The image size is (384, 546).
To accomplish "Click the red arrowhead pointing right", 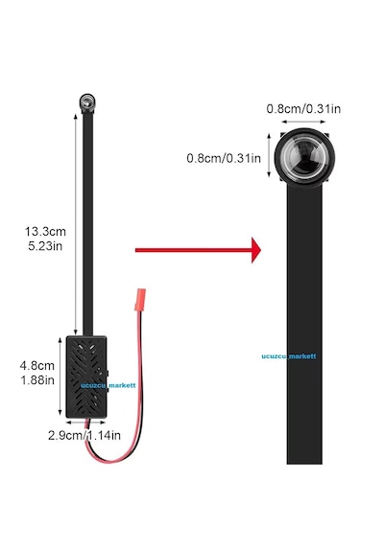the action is (x=256, y=250).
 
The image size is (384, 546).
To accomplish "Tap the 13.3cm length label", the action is (x=45, y=231).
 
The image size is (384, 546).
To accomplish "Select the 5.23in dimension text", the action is (x=45, y=246).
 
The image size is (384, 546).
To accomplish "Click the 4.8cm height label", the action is (x=37, y=366).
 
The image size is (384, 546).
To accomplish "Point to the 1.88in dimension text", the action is (x=37, y=380).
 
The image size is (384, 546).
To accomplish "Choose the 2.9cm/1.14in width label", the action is (x=84, y=435).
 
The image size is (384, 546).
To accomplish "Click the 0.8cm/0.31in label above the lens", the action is (x=303, y=109).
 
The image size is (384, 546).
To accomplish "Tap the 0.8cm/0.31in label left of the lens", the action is (x=224, y=158).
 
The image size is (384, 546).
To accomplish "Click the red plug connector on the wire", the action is (x=140, y=300).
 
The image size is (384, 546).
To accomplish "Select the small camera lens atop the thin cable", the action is (x=87, y=102).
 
